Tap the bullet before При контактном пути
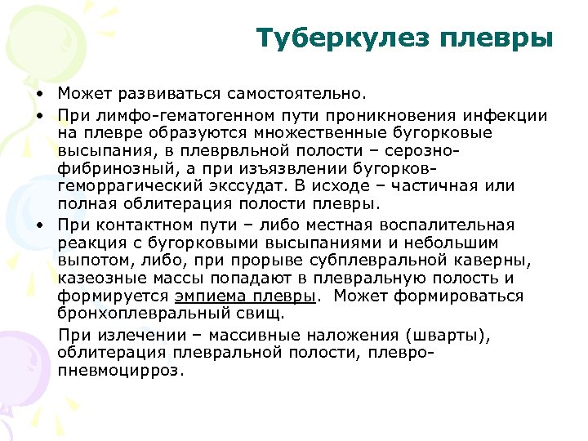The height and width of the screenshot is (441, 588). point(39,225)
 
